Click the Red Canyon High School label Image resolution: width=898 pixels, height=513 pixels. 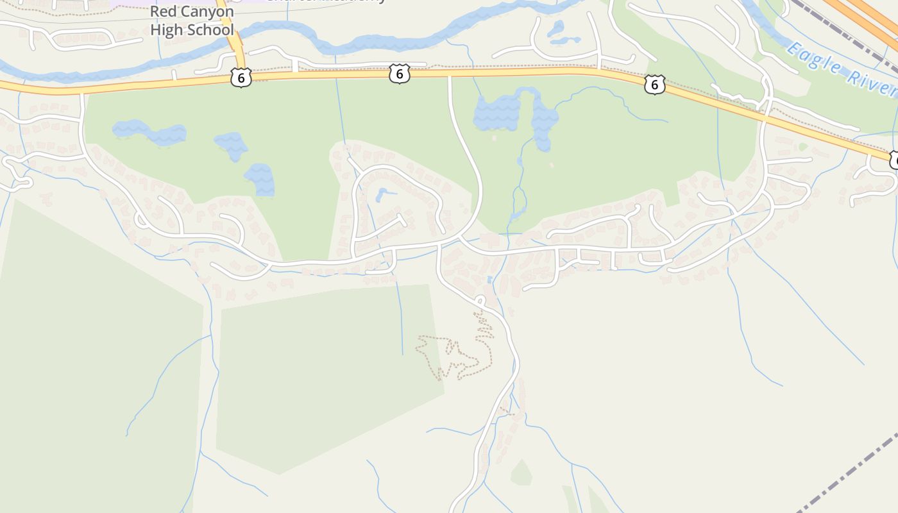click(192, 21)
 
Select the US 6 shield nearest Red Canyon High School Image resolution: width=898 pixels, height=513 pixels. click(241, 78)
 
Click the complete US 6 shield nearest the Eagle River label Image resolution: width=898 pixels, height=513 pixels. click(654, 84)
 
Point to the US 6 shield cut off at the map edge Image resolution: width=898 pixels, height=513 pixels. click(894, 160)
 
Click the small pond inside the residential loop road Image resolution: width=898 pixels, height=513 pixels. click(384, 194)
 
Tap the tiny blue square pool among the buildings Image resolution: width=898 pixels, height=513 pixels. click(490, 280)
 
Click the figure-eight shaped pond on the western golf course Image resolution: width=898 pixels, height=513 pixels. click(149, 132)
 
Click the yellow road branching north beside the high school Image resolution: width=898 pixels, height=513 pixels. click(230, 32)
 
